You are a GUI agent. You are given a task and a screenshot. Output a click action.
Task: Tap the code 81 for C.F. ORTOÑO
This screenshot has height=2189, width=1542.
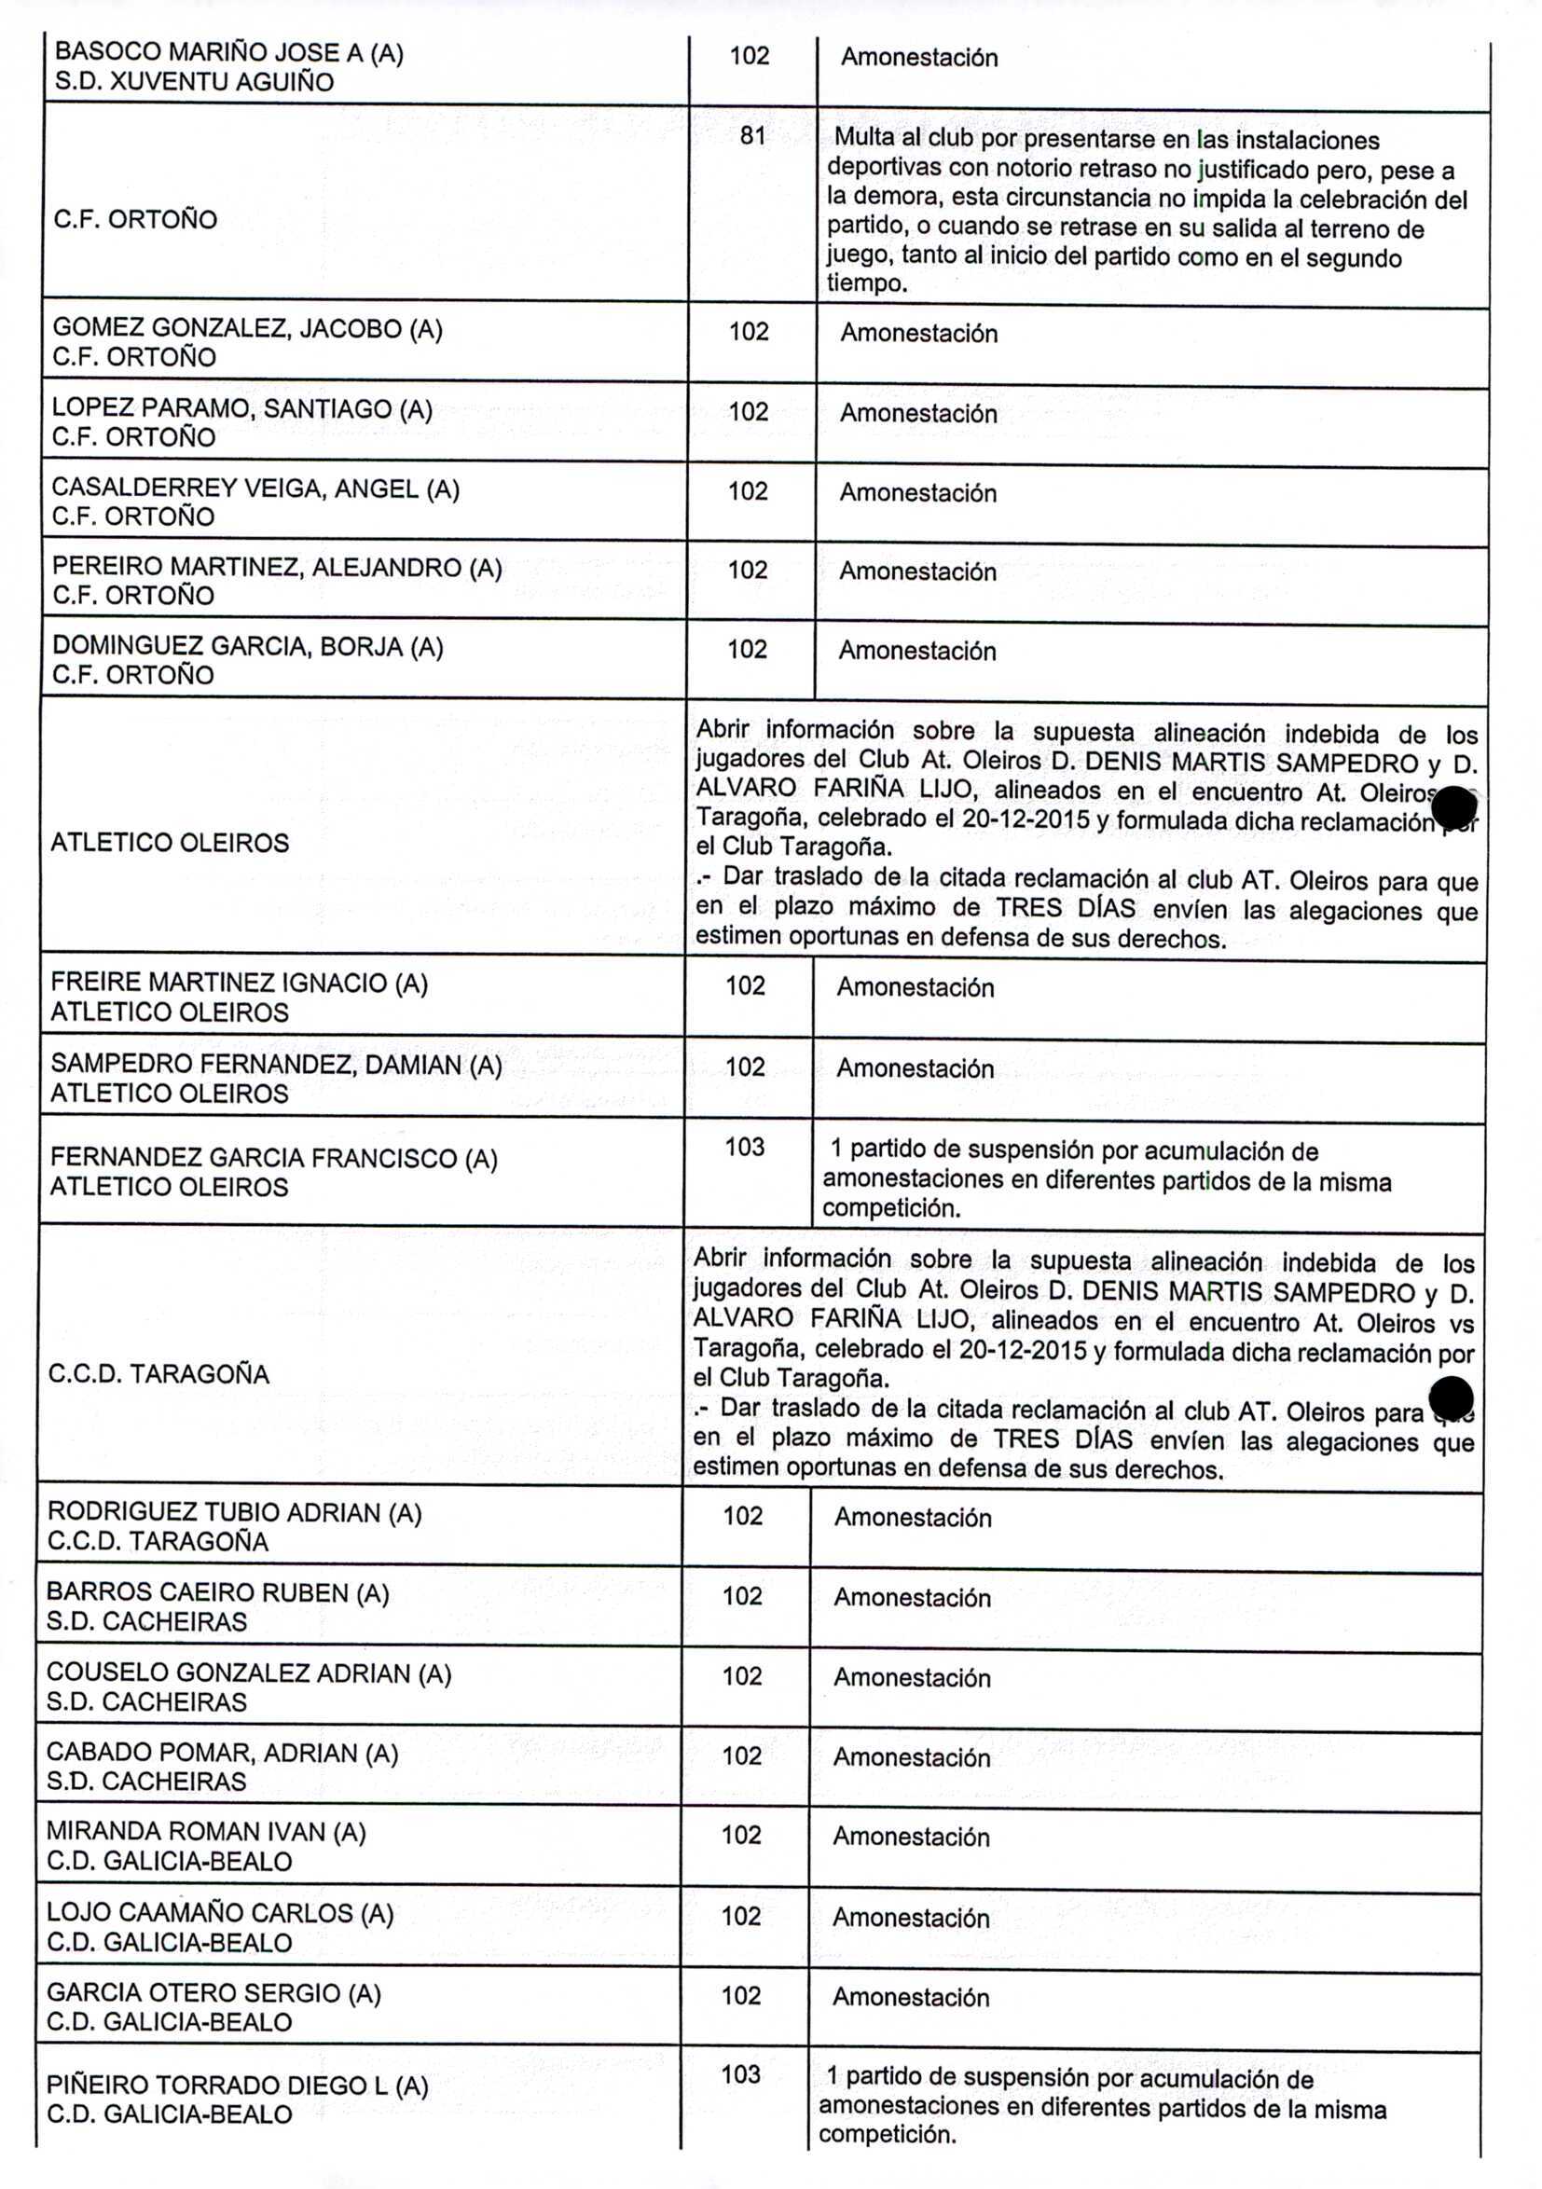(752, 136)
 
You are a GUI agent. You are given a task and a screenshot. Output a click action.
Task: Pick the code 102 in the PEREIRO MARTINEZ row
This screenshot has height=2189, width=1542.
(748, 571)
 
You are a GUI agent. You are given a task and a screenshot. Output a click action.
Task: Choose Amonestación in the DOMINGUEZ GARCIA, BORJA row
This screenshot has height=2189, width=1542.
(916, 651)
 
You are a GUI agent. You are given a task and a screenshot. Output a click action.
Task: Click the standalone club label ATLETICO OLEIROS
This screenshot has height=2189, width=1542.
(169, 843)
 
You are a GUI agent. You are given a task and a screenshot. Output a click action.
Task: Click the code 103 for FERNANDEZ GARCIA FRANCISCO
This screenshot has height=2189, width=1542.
(745, 1147)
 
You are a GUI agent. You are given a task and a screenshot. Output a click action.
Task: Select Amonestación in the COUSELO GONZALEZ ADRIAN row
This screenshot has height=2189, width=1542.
(912, 1678)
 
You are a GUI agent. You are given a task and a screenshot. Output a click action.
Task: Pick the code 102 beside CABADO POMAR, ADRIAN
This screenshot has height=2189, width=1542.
(742, 1756)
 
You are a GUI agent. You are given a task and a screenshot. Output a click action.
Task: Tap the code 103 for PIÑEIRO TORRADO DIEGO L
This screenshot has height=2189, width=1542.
(741, 2074)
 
